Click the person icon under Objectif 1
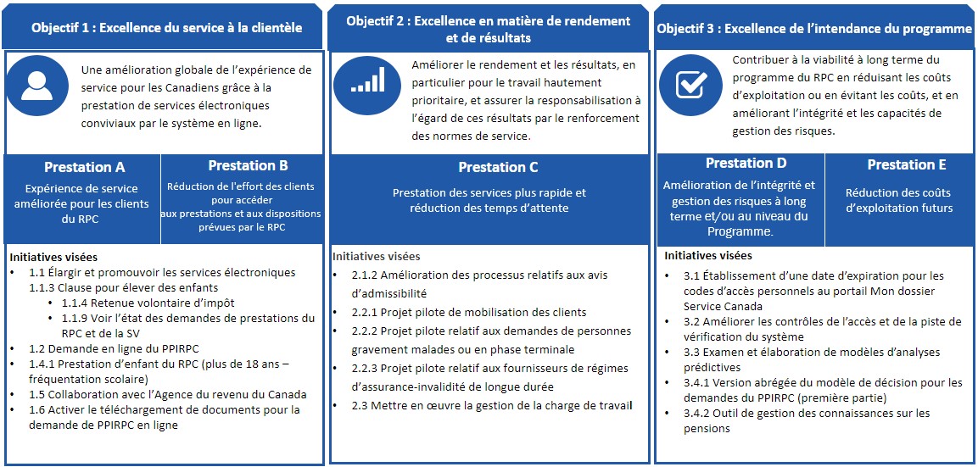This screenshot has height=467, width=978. pyautogui.click(x=36, y=86)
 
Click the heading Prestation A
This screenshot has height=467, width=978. pyautogui.click(x=84, y=168)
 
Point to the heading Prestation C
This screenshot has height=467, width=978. pyautogui.click(x=498, y=168)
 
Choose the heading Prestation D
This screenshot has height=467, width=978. pyautogui.click(x=746, y=164)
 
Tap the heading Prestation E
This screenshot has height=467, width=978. pyautogui.click(x=906, y=164)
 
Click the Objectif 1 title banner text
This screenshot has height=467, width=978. pyautogui.click(x=166, y=27)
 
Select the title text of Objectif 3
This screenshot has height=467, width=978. pyautogui.click(x=814, y=28)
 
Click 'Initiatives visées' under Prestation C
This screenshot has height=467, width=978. pyautogui.click(x=376, y=256)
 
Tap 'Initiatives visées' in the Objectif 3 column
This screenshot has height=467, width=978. pyautogui.click(x=707, y=255)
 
